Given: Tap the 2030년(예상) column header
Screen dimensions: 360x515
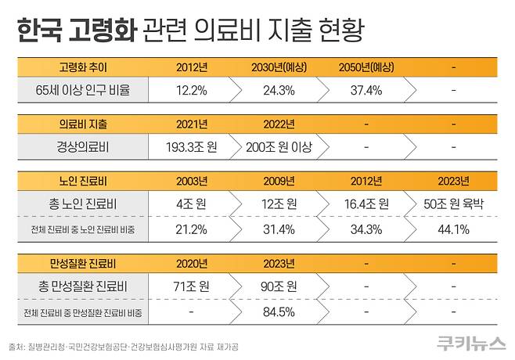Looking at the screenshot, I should pos(279,67).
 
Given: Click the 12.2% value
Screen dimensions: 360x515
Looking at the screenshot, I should pos(192,89).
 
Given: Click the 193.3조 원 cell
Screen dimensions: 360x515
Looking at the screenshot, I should pos(192,146).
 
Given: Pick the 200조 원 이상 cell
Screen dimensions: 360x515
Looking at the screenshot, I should pos(279,146).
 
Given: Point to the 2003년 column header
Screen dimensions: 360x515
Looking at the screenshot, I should pos(192,181).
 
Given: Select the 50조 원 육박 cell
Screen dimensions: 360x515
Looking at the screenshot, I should pos(455,203).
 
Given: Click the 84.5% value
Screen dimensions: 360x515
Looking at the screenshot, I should pos(279,312).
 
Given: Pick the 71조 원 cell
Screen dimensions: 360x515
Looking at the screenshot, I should pos(192,286).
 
